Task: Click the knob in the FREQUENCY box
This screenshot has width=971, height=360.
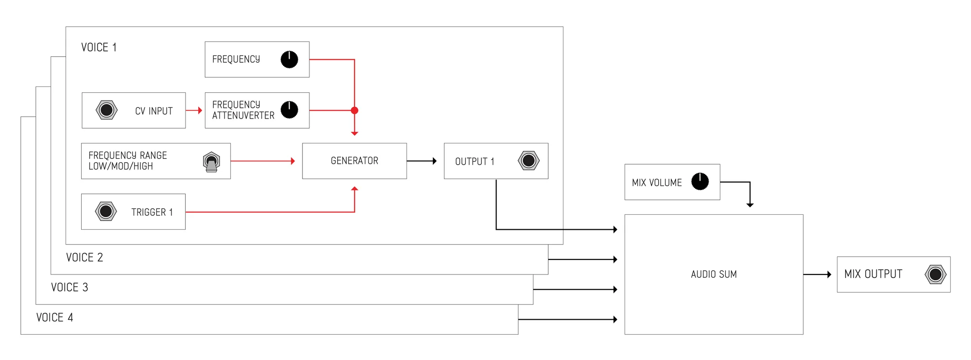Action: pyautogui.click(x=289, y=59)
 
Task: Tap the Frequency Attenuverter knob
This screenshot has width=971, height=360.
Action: pyautogui.click(x=289, y=110)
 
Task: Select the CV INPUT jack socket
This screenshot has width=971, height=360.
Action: pyautogui.click(x=106, y=110)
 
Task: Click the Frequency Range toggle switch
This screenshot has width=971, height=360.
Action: pyautogui.click(x=211, y=162)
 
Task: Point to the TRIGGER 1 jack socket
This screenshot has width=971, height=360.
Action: pyautogui.click(x=105, y=211)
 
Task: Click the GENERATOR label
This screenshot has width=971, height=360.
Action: pyautogui.click(x=354, y=161)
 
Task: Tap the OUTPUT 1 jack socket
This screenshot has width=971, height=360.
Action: pyautogui.click(x=528, y=160)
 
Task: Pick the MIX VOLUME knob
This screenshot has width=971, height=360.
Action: pyautogui.click(x=699, y=182)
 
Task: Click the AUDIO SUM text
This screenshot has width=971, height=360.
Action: pyautogui.click(x=714, y=274)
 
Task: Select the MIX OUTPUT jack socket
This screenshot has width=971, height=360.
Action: pyautogui.click(x=935, y=274)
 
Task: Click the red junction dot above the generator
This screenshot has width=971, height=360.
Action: pyautogui.click(x=355, y=110)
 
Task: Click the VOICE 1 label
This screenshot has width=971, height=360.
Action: pyautogui.click(x=99, y=48)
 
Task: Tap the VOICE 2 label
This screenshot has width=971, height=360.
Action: pyautogui.click(x=85, y=257)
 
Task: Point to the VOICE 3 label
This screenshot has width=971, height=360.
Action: pyautogui.click(x=69, y=288)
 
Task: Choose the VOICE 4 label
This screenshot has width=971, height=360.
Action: pyautogui.click(x=54, y=318)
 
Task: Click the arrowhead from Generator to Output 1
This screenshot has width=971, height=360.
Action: pyautogui.click(x=434, y=161)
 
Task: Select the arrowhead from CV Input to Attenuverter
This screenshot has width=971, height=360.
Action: pyautogui.click(x=200, y=110)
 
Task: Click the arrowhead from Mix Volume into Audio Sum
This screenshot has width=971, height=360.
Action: pyautogui.click(x=750, y=205)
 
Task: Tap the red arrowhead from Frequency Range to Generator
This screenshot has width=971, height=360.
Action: pyautogui.click(x=292, y=161)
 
